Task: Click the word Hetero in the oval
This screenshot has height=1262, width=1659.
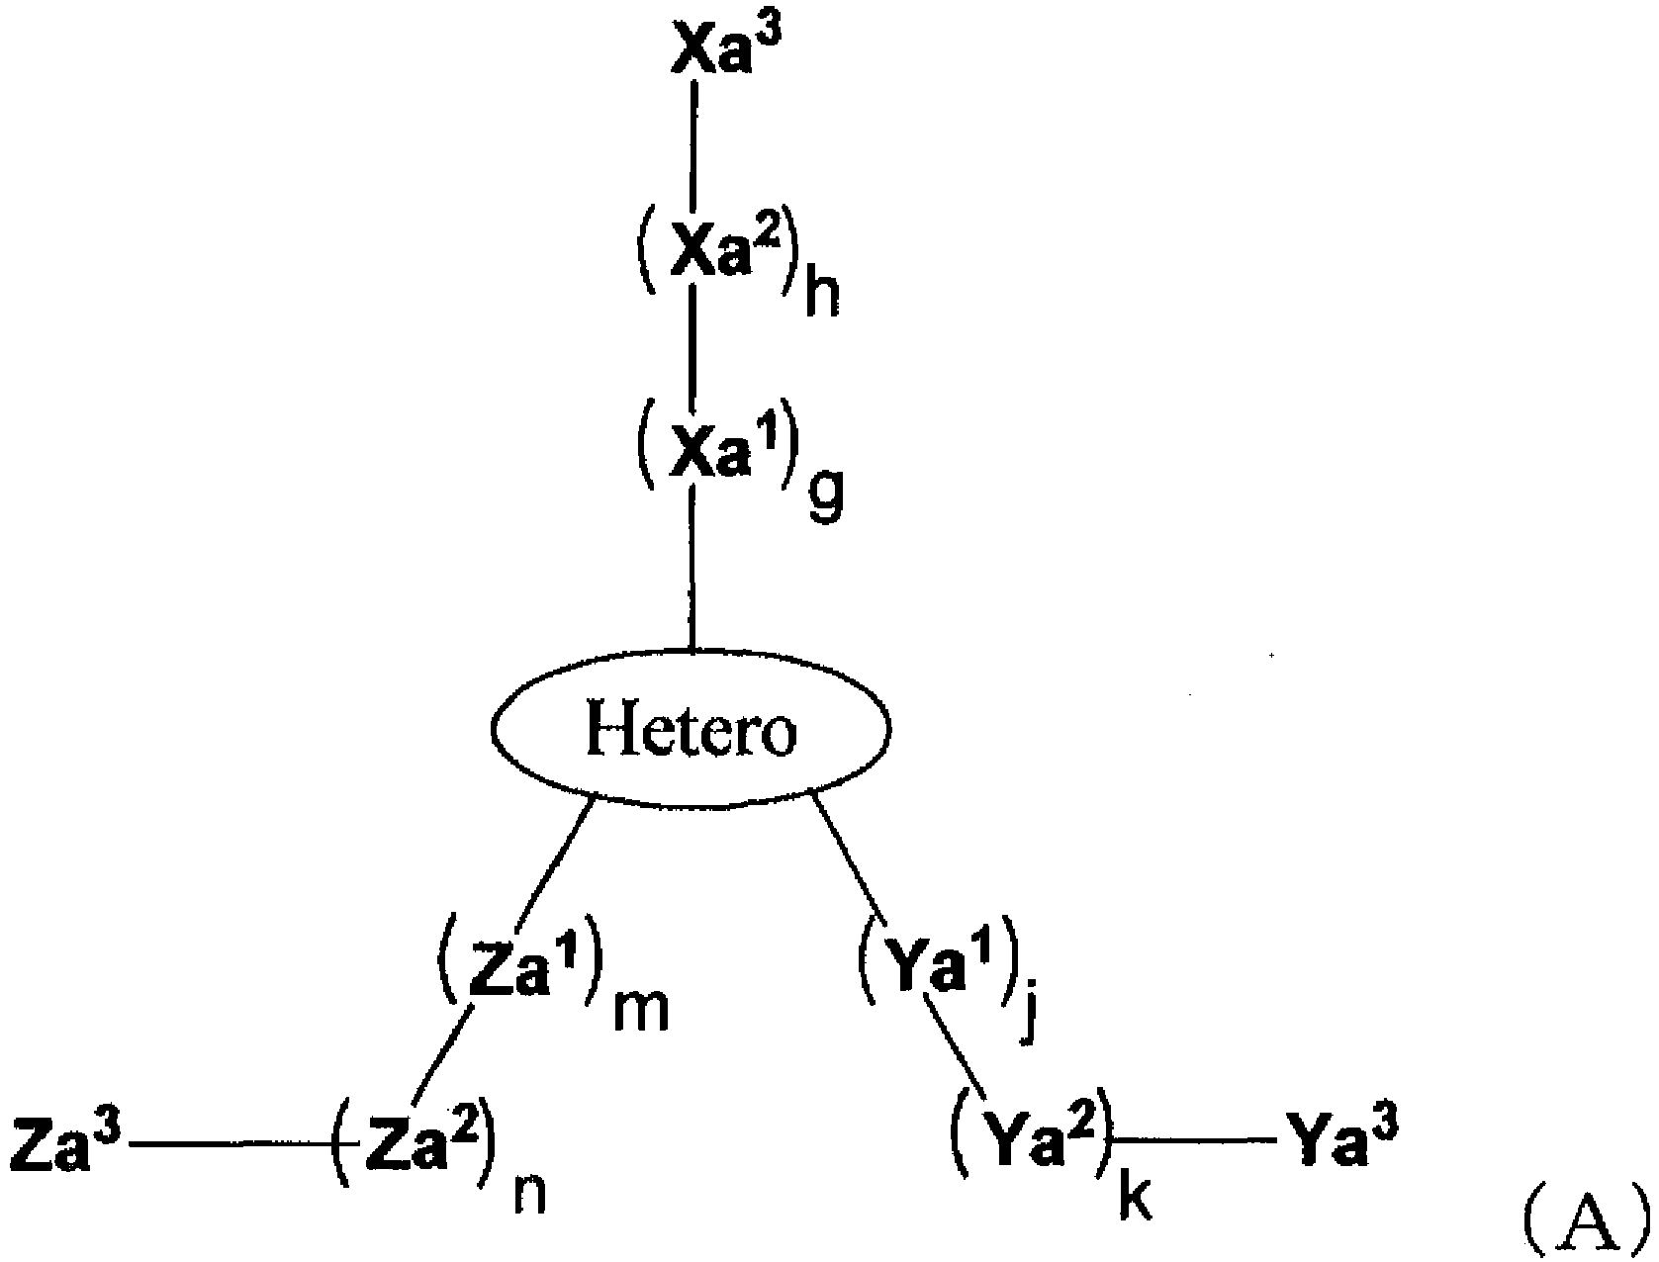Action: click(x=691, y=727)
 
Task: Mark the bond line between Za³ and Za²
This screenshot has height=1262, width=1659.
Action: click(x=230, y=1145)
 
